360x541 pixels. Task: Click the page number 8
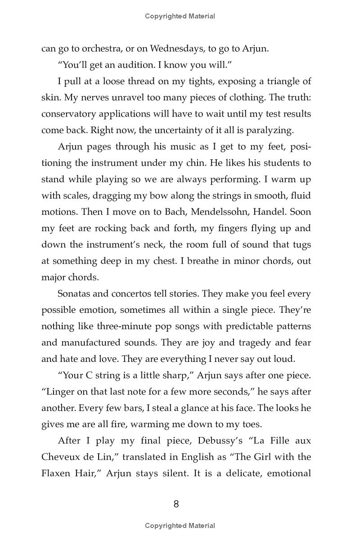click(x=176, y=504)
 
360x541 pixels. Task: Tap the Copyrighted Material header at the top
click(x=180, y=16)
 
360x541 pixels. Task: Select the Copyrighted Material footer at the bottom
click(x=180, y=526)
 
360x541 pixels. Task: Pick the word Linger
click(x=59, y=392)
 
